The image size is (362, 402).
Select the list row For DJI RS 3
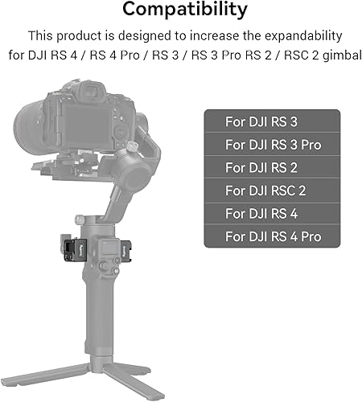pyautogui.click(x=271, y=122)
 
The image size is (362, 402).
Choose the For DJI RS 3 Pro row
pyautogui.click(x=271, y=145)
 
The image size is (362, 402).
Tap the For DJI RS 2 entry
pyautogui.click(x=271, y=167)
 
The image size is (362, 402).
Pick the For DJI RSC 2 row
pyautogui.click(x=271, y=191)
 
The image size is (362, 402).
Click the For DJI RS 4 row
pyautogui.click(x=271, y=213)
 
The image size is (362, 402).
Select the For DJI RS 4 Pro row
pyautogui.click(x=271, y=236)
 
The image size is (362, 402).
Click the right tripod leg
pyautogui.click(x=157, y=378)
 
